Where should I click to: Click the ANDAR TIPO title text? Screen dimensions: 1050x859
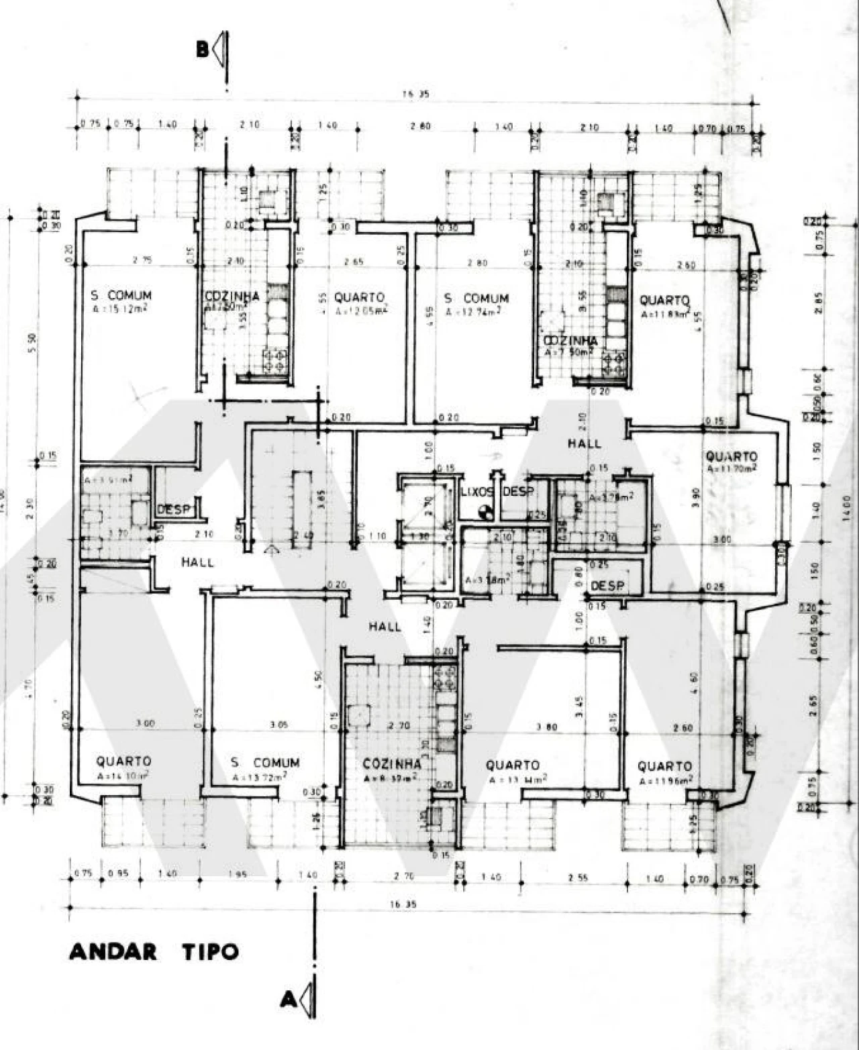[154, 951]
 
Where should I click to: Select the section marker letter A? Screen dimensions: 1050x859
[288, 1000]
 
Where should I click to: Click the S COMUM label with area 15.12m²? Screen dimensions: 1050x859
[121, 295]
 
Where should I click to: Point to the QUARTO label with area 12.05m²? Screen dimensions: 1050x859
[359, 297]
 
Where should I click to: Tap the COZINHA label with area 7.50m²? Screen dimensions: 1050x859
[570, 341]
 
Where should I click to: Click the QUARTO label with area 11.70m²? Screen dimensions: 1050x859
[731, 456]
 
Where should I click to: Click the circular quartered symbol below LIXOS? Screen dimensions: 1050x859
[486, 513]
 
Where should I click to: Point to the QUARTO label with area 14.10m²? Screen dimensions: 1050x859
[123, 762]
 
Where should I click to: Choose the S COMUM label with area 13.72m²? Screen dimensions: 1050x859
[264, 763]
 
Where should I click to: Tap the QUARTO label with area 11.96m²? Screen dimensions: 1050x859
[664, 766]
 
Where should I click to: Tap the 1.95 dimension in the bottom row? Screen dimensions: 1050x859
[238, 874]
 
